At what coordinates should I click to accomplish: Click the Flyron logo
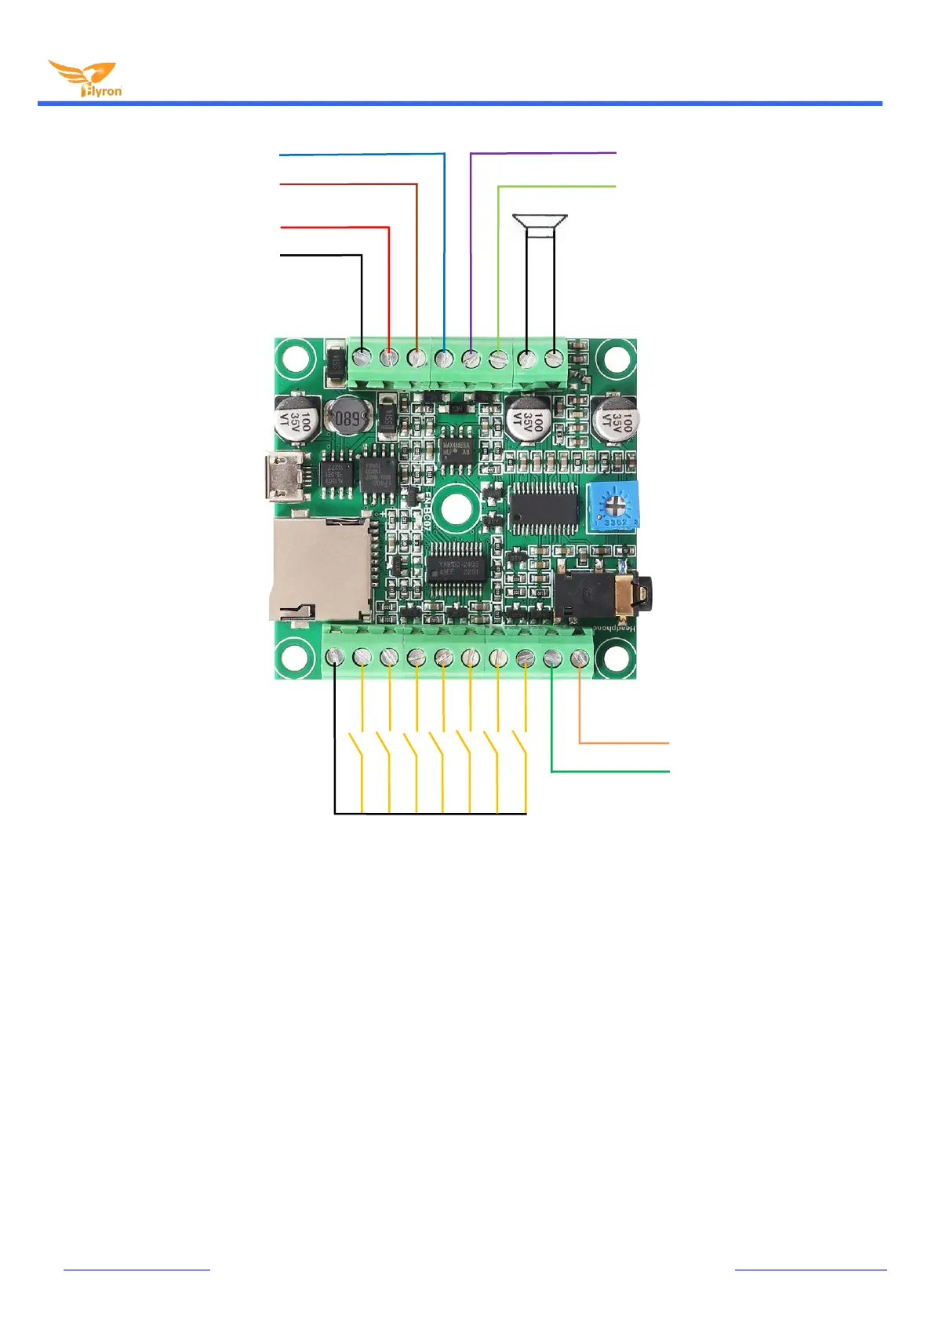coord(85,79)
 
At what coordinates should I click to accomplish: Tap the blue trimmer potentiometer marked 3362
coord(613,505)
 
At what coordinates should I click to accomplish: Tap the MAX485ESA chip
coord(456,448)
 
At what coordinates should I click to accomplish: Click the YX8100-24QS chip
coord(458,567)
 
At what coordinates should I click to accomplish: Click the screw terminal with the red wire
coord(389,358)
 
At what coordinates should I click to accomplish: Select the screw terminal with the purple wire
coord(471,358)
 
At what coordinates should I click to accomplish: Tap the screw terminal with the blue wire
coord(444,358)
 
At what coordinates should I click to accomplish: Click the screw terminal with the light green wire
coord(498,358)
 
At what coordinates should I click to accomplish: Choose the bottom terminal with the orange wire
coord(580,658)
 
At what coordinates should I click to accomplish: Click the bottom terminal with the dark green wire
coord(552,658)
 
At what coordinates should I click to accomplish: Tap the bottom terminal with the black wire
coord(335,658)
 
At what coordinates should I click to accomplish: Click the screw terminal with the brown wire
coord(417,358)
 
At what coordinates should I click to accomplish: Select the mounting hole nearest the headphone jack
coord(616,658)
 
